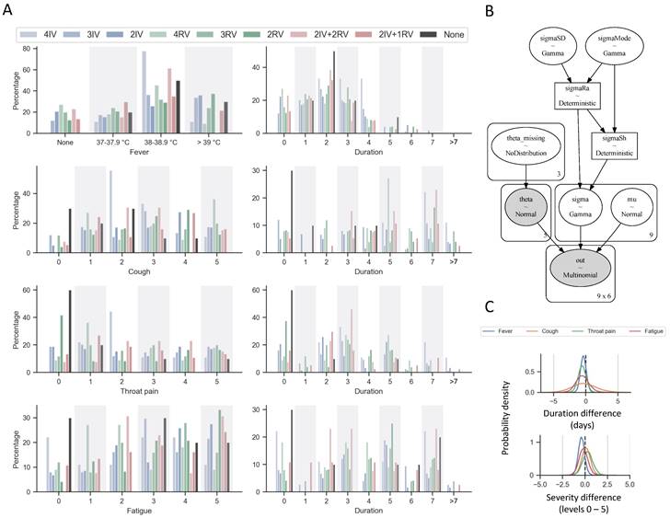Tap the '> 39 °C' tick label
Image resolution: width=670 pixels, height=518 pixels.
click(x=210, y=142)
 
